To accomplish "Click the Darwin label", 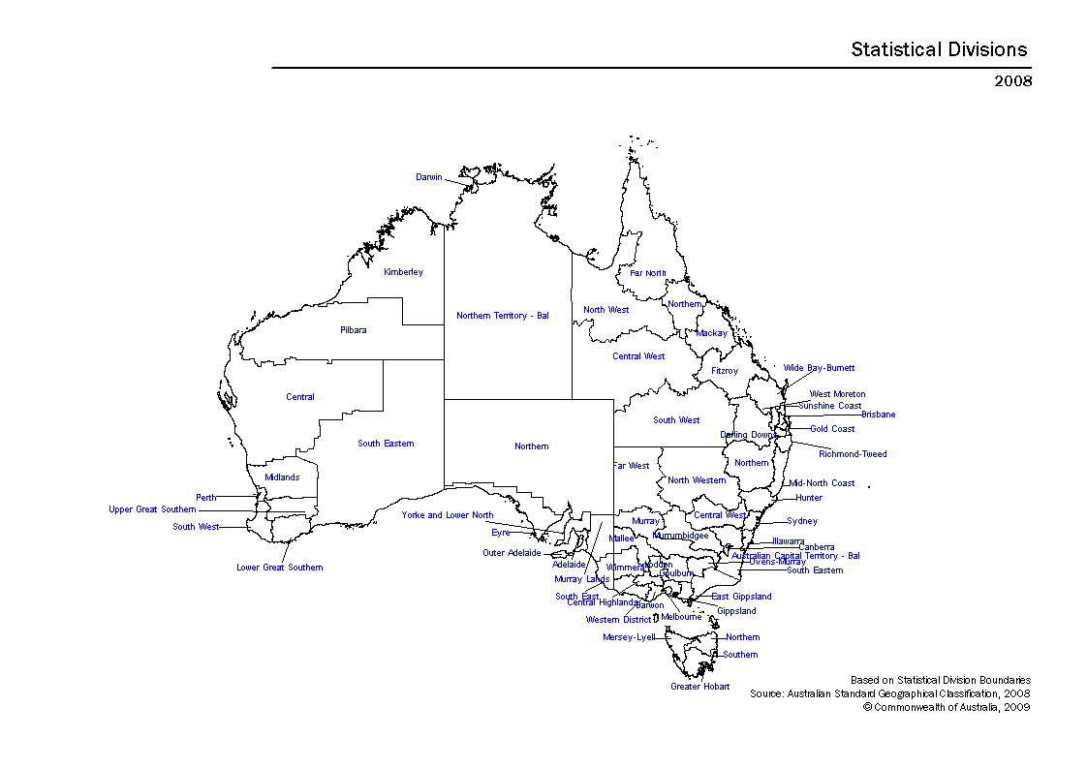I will [429, 177].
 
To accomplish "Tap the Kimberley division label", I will [403, 272].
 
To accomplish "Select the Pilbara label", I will [354, 330].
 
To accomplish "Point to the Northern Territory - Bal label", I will [503, 316].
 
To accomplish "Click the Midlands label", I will [282, 477].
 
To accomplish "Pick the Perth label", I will [206, 498].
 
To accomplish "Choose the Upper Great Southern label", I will [152, 509].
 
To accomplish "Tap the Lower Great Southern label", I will [280, 568].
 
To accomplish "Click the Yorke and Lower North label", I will [448, 515].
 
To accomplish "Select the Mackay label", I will [711, 333].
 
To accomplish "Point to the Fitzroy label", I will [725, 371].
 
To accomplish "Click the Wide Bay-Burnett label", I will [820, 368].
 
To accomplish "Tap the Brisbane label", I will [879, 415].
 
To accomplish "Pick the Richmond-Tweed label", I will [853, 454].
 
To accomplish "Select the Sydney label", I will [802, 521].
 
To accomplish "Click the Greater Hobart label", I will [700, 687].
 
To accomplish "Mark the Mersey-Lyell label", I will [629, 637].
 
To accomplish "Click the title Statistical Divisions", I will [939, 49].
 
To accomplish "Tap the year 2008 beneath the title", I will [1013, 80].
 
